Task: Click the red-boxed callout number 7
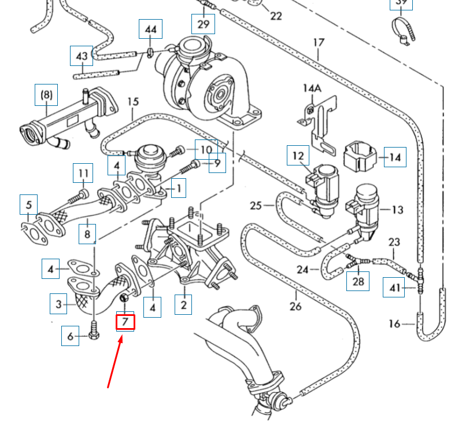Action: click(125, 321)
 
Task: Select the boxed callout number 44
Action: click(150, 29)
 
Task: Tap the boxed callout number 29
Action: click(203, 24)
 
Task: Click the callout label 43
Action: click(82, 56)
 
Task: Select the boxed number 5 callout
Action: click(28, 205)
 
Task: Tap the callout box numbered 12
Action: click(298, 156)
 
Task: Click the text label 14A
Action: click(312, 88)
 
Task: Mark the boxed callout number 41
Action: click(394, 287)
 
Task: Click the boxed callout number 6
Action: click(71, 336)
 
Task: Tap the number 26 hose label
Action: click(295, 306)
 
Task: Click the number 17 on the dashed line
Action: click(319, 43)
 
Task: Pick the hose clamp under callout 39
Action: click(400, 30)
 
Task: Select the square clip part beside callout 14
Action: click(360, 156)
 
